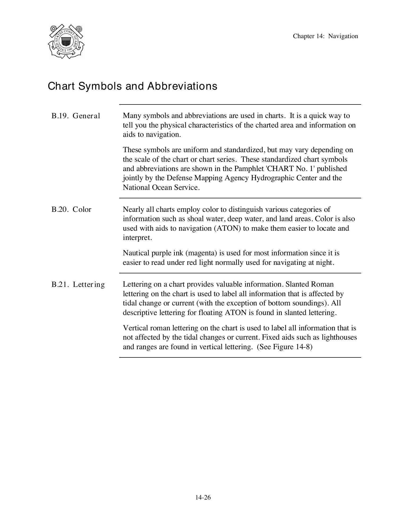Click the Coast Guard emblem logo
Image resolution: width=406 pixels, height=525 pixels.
(x=66, y=41)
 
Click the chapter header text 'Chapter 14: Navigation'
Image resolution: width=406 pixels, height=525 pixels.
(x=325, y=36)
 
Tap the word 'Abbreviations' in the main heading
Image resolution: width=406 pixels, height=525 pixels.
(x=182, y=86)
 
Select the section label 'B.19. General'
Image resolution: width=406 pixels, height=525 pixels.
(x=76, y=116)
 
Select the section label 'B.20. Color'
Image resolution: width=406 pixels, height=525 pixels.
(x=71, y=209)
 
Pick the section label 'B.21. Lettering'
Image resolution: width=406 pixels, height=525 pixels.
(x=78, y=285)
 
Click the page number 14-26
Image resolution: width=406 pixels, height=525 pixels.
(x=203, y=497)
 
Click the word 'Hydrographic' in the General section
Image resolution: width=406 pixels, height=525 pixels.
(x=272, y=178)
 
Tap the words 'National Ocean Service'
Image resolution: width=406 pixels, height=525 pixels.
(x=161, y=187)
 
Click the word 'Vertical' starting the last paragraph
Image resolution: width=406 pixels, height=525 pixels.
(x=135, y=328)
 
